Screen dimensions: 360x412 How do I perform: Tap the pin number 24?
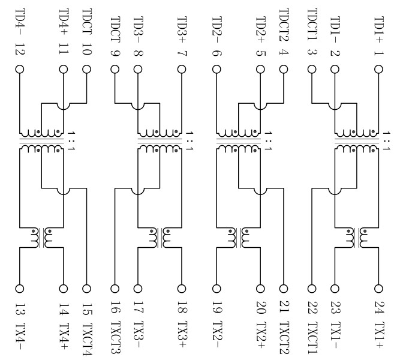(378, 308)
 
